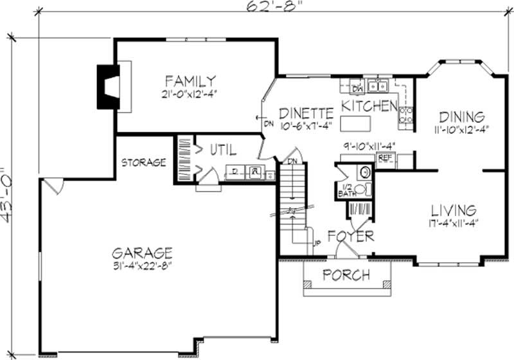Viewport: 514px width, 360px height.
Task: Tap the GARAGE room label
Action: pos(141,252)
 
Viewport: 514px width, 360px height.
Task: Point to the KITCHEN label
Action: pos(368,105)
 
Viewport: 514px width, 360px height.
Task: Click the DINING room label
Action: pos(461,117)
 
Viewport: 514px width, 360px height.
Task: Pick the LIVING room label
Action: pos(453,210)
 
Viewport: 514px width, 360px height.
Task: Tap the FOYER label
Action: pos(351,237)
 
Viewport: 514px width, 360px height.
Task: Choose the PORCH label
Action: pos(346,276)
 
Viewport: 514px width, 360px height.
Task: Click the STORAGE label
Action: pos(145,163)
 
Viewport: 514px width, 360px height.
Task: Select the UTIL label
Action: pos(223,150)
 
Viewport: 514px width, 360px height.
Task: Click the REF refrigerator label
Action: pos(385,157)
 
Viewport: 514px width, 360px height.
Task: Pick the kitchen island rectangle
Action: pos(358,122)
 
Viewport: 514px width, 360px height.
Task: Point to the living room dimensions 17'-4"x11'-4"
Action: pos(453,223)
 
